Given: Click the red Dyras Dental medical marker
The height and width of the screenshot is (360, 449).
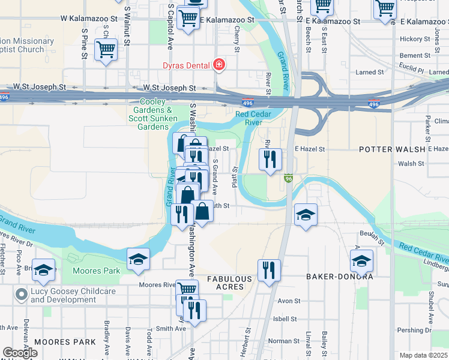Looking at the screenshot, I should [x=219, y=65].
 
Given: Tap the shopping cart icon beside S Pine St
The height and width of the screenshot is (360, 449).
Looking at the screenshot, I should [x=106, y=50].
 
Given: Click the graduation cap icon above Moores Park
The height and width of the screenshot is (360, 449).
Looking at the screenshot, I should [x=138, y=259].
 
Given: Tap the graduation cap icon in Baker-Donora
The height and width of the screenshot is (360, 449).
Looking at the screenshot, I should [x=362, y=261].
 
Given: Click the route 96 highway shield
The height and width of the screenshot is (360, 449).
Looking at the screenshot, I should [x=288, y=179].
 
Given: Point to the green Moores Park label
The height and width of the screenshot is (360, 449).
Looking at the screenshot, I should [x=96, y=271].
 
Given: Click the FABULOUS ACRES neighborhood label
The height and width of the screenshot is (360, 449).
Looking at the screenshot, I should [x=230, y=283].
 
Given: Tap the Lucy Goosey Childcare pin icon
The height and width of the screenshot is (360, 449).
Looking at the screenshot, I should [x=22, y=294].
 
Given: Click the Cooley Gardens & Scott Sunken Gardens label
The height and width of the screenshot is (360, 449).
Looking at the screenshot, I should [x=152, y=114].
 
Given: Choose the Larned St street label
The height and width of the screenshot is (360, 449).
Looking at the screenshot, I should [x=369, y=73].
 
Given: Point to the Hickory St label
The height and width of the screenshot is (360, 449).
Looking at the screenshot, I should [x=411, y=39].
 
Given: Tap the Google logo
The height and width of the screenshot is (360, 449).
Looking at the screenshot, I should [x=20, y=353].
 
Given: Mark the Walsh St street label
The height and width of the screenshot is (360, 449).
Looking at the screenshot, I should [x=411, y=163].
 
